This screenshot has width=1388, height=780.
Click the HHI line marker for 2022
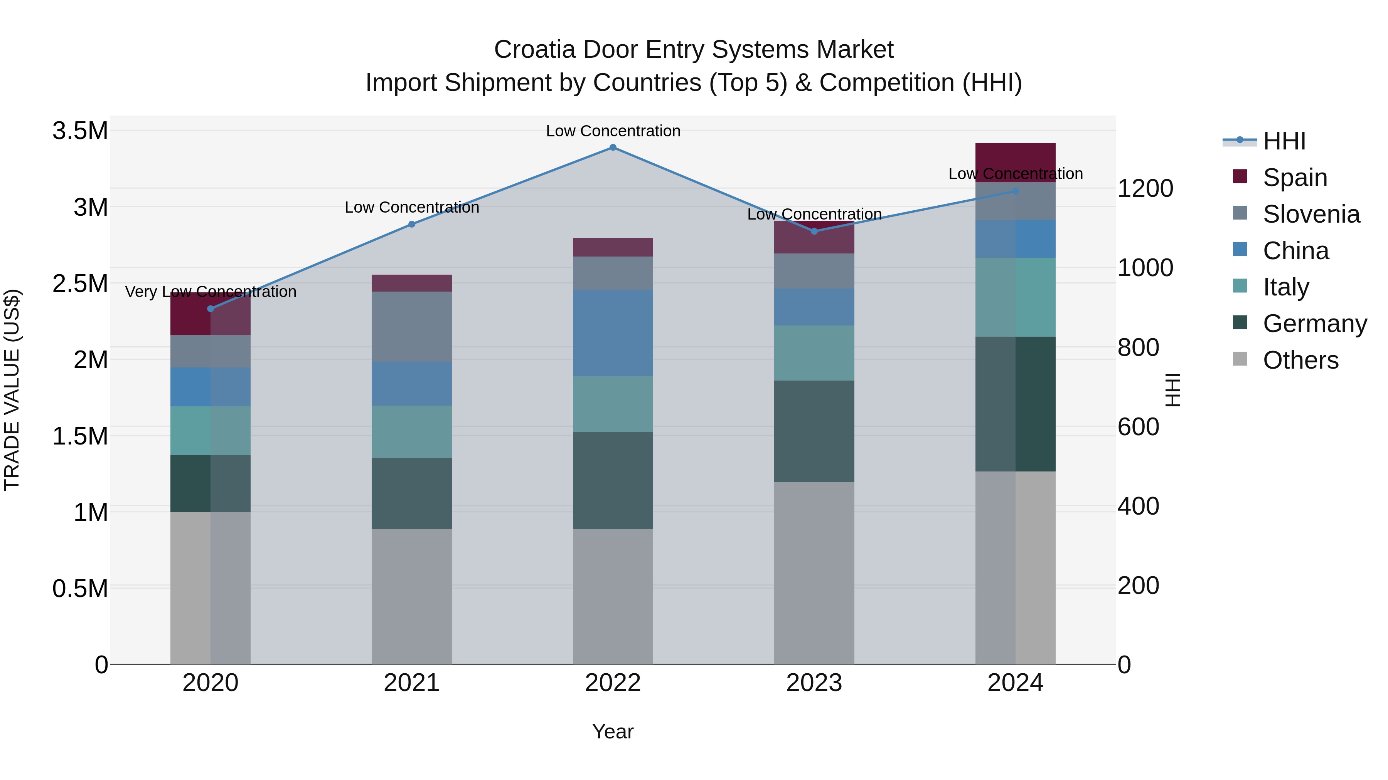tap(613, 148)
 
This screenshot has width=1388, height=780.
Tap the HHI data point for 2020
tap(211, 309)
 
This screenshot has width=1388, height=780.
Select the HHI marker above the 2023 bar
tap(814, 231)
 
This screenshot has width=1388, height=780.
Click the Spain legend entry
tap(1295, 178)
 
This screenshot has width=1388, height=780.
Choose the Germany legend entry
tap(1315, 324)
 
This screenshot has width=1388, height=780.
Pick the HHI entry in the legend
tap(1284, 141)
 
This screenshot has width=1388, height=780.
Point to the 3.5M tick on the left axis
tap(80, 131)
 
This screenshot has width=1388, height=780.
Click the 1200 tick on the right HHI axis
tap(1145, 188)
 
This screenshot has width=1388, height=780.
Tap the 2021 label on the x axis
tap(412, 683)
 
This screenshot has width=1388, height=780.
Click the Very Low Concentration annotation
tap(211, 292)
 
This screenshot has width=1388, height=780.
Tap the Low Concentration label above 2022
tap(613, 131)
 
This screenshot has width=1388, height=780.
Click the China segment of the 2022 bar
tap(613, 333)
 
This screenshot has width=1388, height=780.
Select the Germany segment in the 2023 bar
tap(814, 431)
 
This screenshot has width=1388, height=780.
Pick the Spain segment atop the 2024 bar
tap(1015, 163)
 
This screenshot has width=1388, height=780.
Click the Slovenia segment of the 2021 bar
tap(412, 326)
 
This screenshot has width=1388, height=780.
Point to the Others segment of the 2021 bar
tap(412, 596)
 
